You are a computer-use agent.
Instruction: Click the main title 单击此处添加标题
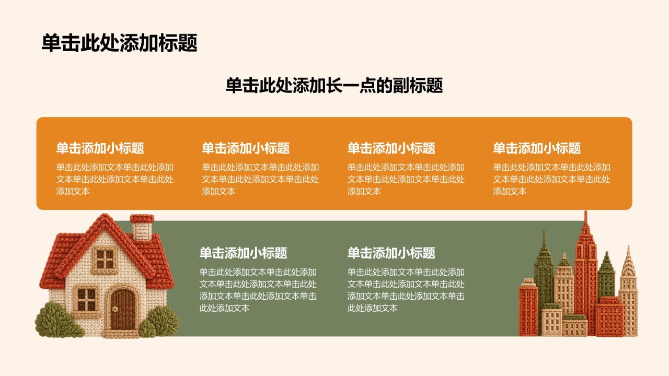coord(120,43)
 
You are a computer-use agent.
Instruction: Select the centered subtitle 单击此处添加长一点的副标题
coord(334,85)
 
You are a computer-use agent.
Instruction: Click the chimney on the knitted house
coord(142,227)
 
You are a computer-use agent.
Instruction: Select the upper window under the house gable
coord(105,260)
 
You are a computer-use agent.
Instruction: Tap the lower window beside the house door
coord(86,299)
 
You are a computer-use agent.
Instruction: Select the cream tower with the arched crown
coord(628,291)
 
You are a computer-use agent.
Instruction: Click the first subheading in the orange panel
coord(100,148)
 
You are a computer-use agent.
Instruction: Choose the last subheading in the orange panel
coord(537,148)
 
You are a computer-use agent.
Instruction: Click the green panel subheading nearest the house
coord(243,253)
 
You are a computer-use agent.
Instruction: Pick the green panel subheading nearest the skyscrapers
coord(391,253)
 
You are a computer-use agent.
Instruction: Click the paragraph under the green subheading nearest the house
coord(258,290)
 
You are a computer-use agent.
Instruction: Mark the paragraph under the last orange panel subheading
coord(551,179)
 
